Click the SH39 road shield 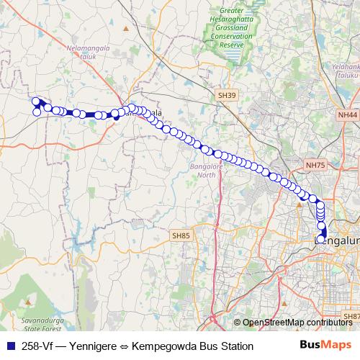click(x=227, y=94)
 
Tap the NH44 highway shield click(x=347, y=114)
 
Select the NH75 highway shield click(x=315, y=165)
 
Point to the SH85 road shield click(x=181, y=235)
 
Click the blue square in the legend click(x=10, y=346)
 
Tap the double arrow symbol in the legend click(x=125, y=346)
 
